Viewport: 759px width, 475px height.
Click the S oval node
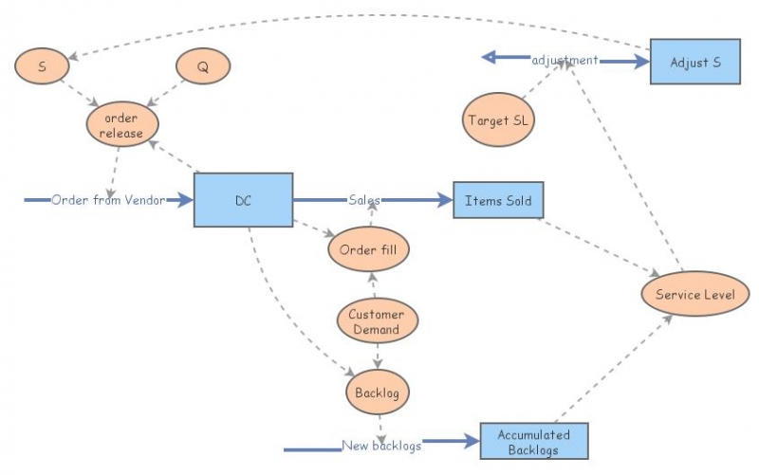coord(43,65)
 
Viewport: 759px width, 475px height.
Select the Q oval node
coord(203,65)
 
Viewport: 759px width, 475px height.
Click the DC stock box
coord(243,200)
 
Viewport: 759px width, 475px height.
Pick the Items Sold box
coord(498,200)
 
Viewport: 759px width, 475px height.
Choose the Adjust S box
coord(694,62)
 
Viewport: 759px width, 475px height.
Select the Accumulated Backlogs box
coord(533,442)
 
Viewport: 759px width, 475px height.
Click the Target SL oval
coord(500,120)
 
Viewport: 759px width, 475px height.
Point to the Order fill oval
coord(368,249)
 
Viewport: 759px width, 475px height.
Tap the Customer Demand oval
coord(377,322)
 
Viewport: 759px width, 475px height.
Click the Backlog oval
coord(378,392)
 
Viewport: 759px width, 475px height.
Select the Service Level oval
coord(694,295)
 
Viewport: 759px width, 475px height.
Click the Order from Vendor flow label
coord(108,200)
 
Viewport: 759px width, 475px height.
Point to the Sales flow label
coord(364,200)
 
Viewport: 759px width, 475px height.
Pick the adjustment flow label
coord(565,60)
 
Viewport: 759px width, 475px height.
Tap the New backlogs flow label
coord(381,446)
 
